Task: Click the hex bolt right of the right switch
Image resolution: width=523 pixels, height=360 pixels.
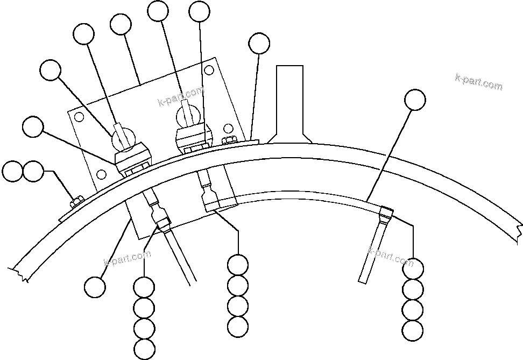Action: click(x=228, y=141)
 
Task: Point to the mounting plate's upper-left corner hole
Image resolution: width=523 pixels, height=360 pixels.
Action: click(x=79, y=117)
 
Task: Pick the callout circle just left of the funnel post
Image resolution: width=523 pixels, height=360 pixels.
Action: click(x=259, y=44)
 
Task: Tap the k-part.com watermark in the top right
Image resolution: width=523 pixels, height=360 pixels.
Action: click(x=478, y=82)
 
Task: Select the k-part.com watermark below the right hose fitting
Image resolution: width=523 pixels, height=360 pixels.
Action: click(x=391, y=257)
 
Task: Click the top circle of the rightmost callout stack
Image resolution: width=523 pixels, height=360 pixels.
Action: click(x=413, y=268)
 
